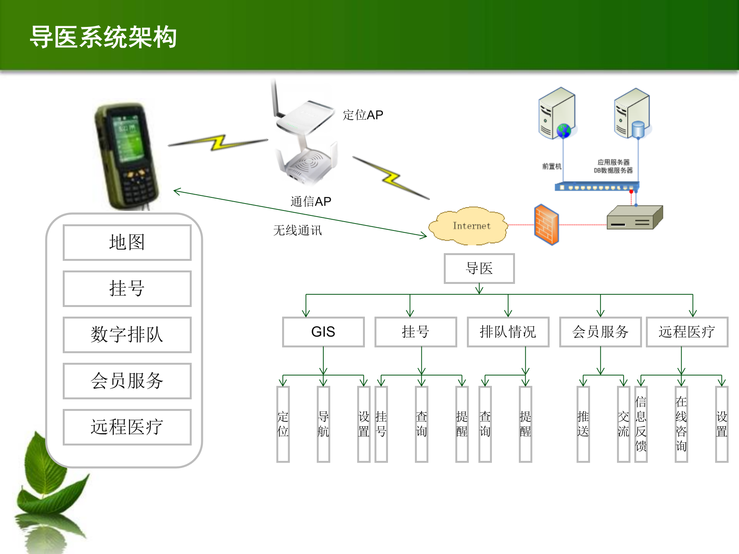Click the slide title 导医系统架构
coord(103,37)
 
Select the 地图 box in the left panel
coord(127,243)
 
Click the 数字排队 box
coord(127,335)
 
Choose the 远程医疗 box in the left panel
coord(127,427)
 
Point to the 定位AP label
coord(363,115)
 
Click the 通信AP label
coord(311,202)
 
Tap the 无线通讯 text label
coord(298,230)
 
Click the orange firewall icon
coord(546,225)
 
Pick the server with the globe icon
coord(557,113)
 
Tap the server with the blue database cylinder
coord(632,113)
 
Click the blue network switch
coord(597,187)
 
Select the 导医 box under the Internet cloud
coord(479,269)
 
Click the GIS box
coord(323,332)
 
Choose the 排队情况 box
coord(508,332)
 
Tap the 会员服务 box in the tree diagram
coord(600,332)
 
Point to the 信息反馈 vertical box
coord(641,424)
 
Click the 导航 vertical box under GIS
coord(323,424)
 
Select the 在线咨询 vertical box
coord(681,424)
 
